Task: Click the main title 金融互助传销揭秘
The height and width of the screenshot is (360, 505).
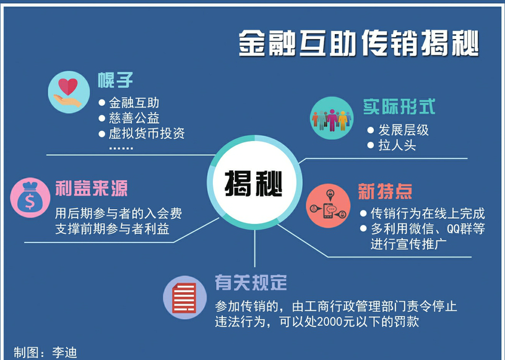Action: tap(359, 44)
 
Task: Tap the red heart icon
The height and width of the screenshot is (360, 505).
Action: tap(68, 87)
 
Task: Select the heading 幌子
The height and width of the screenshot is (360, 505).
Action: tap(115, 80)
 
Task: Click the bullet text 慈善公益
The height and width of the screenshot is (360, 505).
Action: tap(134, 118)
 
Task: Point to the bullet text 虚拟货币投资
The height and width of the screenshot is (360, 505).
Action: tap(147, 134)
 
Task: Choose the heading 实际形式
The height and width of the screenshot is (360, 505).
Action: tap(399, 106)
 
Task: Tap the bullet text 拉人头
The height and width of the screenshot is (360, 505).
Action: tap(397, 145)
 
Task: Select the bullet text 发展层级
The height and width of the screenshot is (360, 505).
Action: tap(404, 130)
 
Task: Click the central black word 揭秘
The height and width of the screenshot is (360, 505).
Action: tap(254, 184)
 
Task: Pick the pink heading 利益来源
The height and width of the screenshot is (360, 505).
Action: tap(92, 189)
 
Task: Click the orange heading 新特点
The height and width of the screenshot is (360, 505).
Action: tap(385, 192)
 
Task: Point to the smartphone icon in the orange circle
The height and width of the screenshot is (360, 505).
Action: tap(329, 210)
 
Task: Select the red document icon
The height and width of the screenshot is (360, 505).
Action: tap(184, 298)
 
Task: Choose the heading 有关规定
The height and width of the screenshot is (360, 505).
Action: tap(251, 283)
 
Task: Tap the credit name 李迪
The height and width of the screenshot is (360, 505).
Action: tap(64, 353)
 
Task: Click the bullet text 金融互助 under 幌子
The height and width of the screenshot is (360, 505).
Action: tap(134, 103)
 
